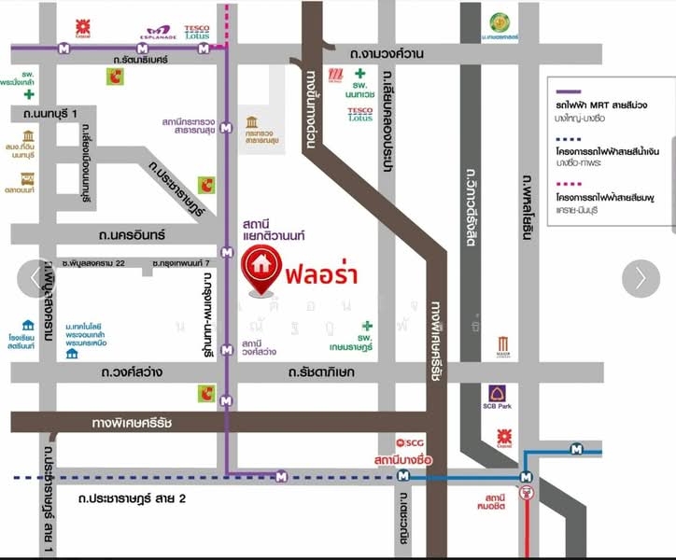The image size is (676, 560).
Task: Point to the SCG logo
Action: tap(411, 442)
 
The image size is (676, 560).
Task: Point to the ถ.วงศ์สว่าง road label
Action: tap(130, 372)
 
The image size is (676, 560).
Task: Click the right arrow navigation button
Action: tap(641, 278)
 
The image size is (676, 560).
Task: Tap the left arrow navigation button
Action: tap(34, 278)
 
